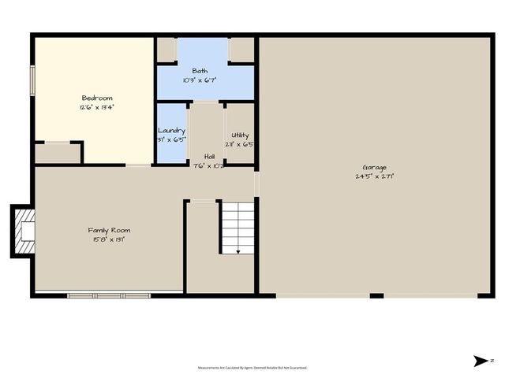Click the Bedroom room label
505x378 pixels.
click(x=96, y=98)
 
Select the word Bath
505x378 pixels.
click(x=200, y=71)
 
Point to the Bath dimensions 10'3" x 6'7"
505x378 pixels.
click(x=200, y=80)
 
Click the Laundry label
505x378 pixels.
click(x=171, y=131)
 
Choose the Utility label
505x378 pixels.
click(x=239, y=135)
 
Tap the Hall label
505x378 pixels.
click(x=209, y=157)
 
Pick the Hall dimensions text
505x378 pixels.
click(x=209, y=165)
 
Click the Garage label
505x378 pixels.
click(x=374, y=168)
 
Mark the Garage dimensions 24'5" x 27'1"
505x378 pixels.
click(x=374, y=176)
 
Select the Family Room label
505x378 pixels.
click(x=107, y=229)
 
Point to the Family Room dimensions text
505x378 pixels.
click(x=107, y=239)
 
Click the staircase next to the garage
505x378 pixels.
click(x=238, y=228)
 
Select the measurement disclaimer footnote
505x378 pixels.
click(x=252, y=367)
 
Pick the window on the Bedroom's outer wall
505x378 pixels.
click(x=32, y=80)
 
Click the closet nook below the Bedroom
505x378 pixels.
click(x=58, y=153)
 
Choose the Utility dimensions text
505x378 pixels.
click(x=239, y=145)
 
